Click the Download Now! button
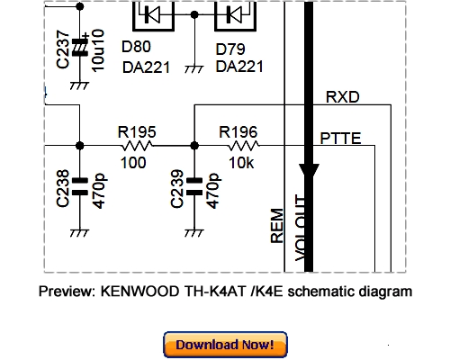point(225,345)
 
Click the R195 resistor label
point(136,130)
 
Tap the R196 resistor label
point(240,130)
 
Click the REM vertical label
point(277,226)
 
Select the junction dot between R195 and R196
point(194,145)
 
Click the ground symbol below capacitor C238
point(79,233)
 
